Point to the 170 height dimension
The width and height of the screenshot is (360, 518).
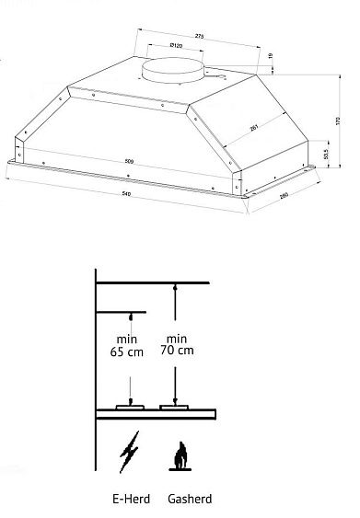(x=338, y=121)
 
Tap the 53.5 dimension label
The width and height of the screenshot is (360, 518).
(x=329, y=155)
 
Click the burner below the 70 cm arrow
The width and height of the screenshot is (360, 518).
(x=173, y=408)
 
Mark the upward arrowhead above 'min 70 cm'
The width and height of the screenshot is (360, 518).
(x=173, y=288)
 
